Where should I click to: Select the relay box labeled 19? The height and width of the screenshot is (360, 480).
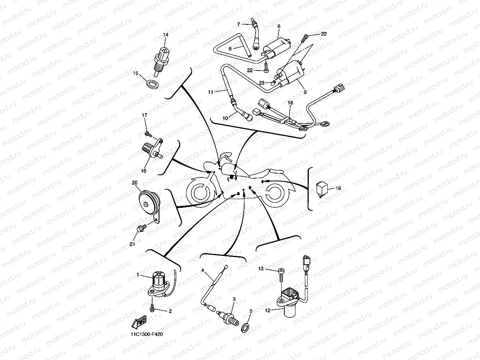tap(322, 189)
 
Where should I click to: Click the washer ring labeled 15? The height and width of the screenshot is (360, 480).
tap(152, 84)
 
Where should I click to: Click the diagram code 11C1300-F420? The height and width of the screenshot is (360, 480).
tap(147, 334)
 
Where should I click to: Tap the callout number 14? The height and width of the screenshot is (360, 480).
tap(166, 35)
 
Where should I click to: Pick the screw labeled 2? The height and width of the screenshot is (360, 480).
tap(152, 307)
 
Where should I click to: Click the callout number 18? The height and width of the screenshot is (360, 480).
tap(290, 103)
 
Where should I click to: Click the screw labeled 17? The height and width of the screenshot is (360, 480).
tap(149, 134)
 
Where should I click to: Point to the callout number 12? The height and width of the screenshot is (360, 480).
tap(267, 310)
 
